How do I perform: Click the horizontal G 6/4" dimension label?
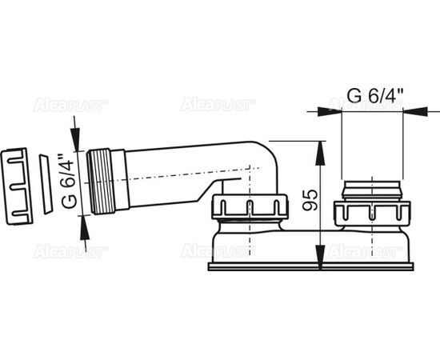375,96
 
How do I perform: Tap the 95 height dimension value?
310,200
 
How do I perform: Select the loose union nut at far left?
17,186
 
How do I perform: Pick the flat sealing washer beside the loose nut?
46,184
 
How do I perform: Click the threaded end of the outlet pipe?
101,182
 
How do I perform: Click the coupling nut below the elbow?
250,206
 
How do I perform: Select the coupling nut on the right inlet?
372,214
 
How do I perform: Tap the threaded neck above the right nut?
372,190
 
